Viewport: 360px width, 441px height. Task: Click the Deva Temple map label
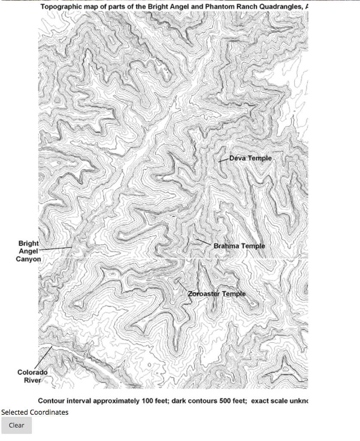coord(250,158)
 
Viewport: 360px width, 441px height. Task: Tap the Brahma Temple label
coord(239,246)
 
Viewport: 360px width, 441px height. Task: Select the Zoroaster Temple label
coord(217,294)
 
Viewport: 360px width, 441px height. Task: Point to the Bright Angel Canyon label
coord(28,251)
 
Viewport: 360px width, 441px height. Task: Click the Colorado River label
coord(32,376)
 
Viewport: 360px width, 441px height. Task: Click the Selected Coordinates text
coord(34,412)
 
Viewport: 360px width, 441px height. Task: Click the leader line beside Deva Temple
coord(223,160)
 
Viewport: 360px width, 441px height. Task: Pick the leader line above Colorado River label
coord(43,356)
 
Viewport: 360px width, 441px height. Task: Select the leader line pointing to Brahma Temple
coord(204,242)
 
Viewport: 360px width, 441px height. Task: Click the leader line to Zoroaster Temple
coord(183,286)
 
